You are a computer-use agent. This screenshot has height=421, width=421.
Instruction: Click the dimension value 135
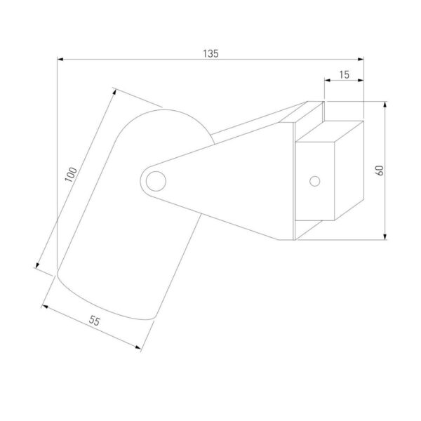point(210,54)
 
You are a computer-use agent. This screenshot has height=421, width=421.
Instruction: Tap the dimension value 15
point(344,74)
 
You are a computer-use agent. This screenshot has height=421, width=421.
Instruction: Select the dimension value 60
point(380,171)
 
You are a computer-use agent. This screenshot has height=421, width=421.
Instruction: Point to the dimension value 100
point(71,174)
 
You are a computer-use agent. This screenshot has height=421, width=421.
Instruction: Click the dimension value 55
point(95,321)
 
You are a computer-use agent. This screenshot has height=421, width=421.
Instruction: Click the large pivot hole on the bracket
point(156,181)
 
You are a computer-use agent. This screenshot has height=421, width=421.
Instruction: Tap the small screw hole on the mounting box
point(314,181)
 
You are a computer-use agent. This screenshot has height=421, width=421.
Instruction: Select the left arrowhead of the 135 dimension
point(60,59)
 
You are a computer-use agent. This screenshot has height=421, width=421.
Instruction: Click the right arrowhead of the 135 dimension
point(361,59)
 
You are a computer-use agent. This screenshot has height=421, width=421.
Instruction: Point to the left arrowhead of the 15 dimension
point(327,80)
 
